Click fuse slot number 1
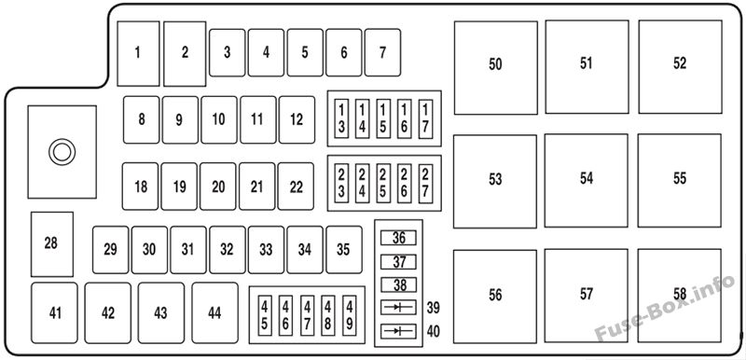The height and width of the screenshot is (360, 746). tap(138, 54)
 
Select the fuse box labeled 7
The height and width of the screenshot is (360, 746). tap(382, 52)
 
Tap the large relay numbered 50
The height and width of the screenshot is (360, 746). tap(496, 67)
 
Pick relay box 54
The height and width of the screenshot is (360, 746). tap(587, 180)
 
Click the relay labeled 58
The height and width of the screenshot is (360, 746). tap(680, 296)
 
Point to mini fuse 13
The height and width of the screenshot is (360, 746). tap(341, 118)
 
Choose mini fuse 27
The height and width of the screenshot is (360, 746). tap(426, 184)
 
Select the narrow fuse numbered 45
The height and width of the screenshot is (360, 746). tap(265, 315)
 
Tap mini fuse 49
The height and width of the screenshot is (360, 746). tap(349, 315)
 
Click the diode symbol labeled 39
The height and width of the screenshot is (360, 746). tap(399, 307)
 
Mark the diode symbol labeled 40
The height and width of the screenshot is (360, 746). tap(399, 331)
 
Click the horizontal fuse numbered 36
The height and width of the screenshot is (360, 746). tap(399, 238)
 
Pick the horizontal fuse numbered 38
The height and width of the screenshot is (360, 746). tap(399, 284)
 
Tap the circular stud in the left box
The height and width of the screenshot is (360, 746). tap(62, 152)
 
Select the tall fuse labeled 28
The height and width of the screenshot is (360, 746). tap(52, 244)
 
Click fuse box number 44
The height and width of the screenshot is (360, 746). tap(215, 313)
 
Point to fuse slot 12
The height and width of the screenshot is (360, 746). tap(297, 119)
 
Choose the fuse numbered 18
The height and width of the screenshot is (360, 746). tap(141, 187)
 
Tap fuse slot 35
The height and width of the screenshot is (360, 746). tap(343, 250)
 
